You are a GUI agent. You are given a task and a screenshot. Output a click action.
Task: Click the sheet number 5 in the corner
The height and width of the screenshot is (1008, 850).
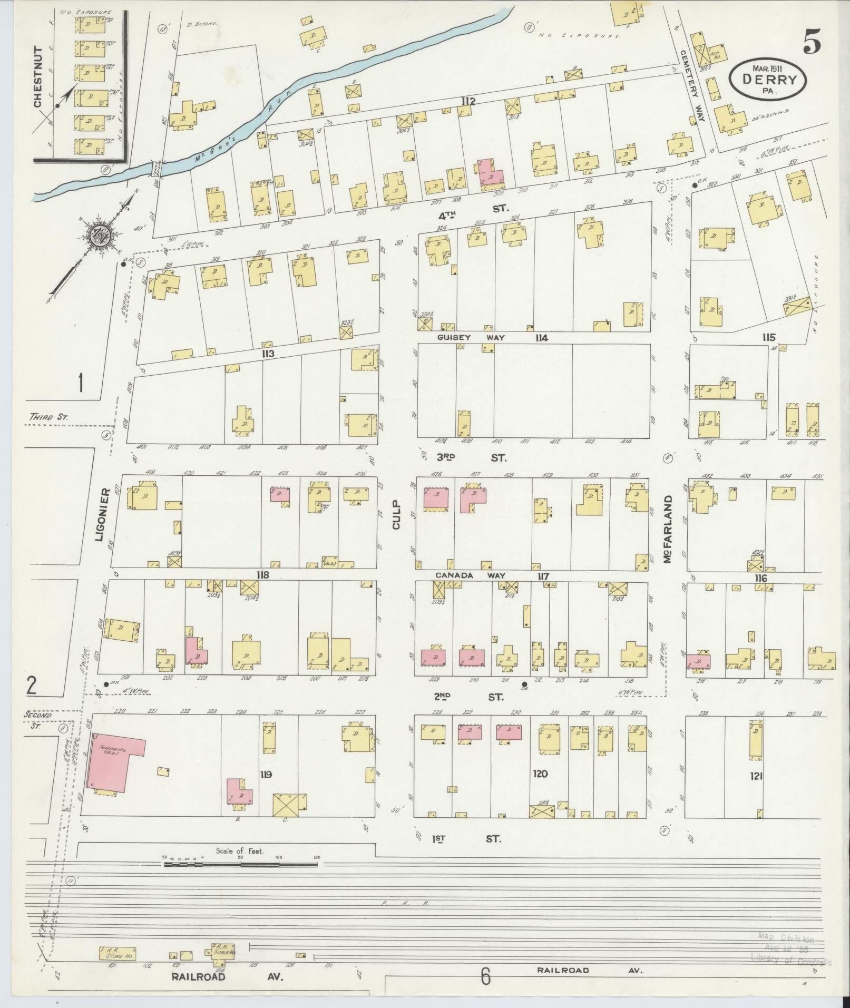(812, 41)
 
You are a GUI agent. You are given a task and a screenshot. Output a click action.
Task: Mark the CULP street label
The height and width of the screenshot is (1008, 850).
(397, 515)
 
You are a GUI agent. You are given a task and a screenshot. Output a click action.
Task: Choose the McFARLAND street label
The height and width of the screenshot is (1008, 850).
(668, 529)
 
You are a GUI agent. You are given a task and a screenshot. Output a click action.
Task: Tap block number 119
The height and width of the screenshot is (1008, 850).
(265, 774)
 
